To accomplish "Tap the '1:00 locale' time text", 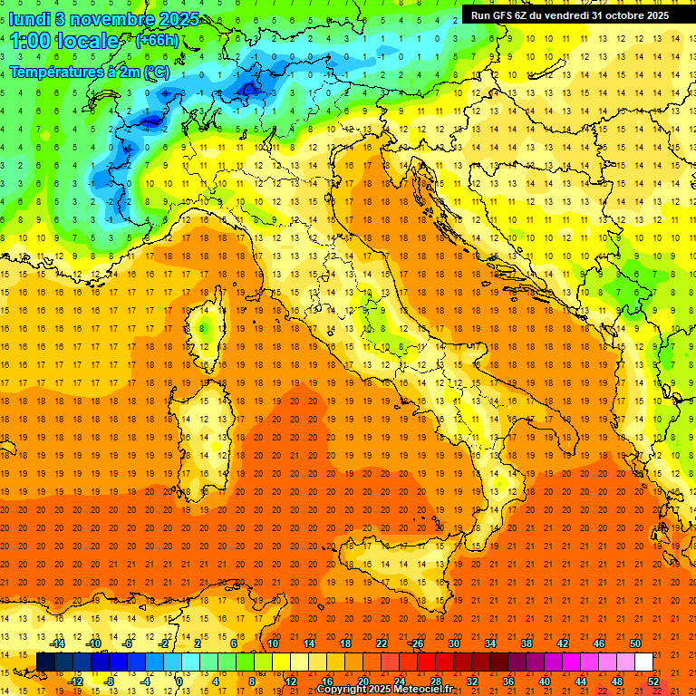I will (64, 41).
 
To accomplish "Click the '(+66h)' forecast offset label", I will (157, 41).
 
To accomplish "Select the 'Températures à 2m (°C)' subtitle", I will (89, 71).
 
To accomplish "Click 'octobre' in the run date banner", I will (617, 14).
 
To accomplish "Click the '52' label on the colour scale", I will (653, 681).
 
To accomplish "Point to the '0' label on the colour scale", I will (179, 681).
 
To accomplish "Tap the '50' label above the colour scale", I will (635, 643).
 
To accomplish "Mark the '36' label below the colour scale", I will (508, 681).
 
